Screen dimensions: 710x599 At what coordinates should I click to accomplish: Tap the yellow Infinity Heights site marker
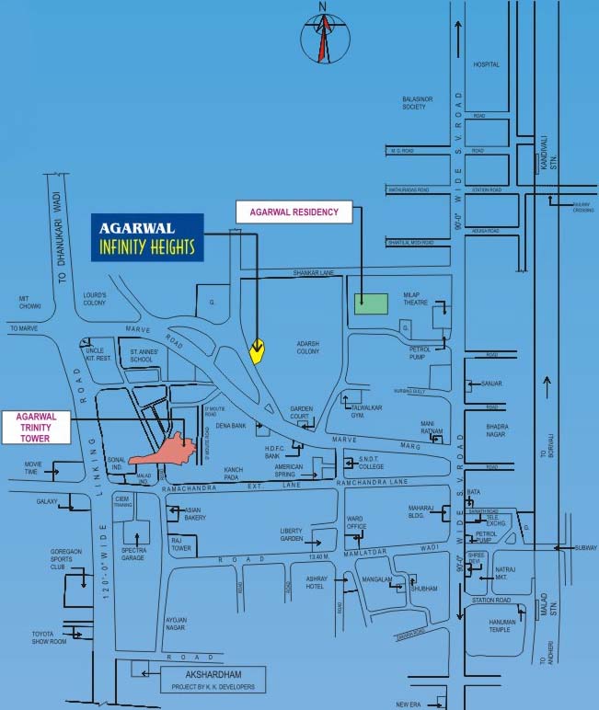(259, 349)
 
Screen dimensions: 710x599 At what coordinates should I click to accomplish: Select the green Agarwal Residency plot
(372, 301)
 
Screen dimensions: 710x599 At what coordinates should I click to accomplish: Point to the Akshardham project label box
(212, 679)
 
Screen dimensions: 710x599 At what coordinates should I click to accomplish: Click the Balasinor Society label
(417, 102)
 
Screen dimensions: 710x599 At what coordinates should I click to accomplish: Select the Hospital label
(485, 65)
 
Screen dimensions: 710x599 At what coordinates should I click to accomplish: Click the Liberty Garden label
(291, 535)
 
